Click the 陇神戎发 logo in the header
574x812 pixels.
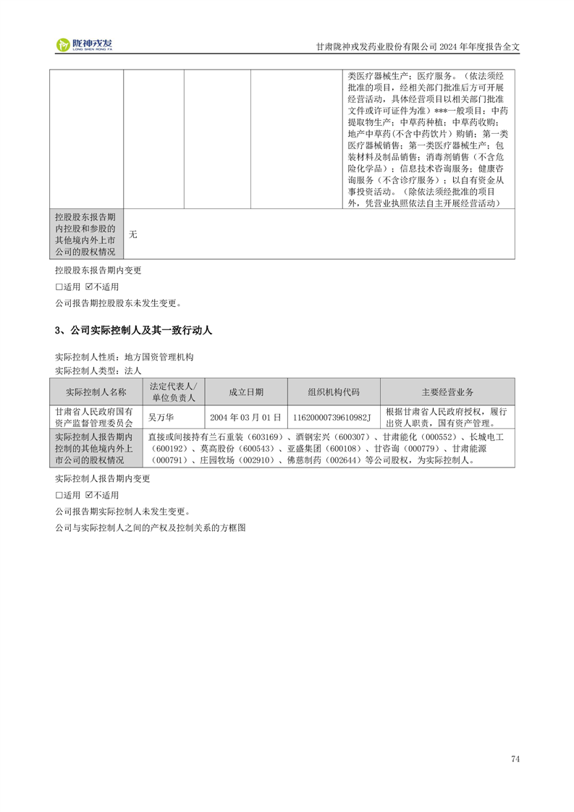click(x=85, y=45)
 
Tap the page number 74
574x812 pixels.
click(x=515, y=759)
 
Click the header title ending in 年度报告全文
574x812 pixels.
click(x=418, y=46)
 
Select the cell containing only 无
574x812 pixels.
click(x=133, y=234)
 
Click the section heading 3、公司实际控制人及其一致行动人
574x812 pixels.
click(x=133, y=331)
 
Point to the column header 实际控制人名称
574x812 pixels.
click(x=96, y=392)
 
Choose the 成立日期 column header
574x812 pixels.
click(x=246, y=392)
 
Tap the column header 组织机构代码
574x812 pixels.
click(x=334, y=392)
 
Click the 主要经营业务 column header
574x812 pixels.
click(x=447, y=392)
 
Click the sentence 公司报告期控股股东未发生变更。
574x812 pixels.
click(x=118, y=303)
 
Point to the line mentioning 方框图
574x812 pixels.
click(x=151, y=528)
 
